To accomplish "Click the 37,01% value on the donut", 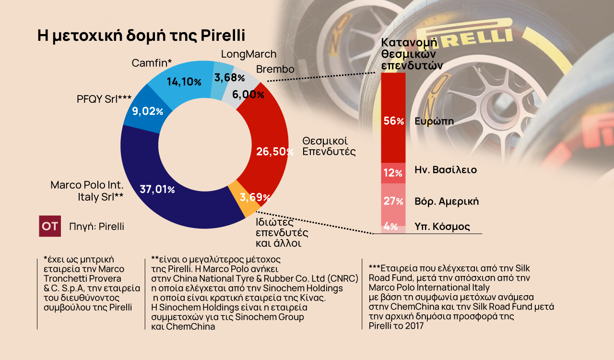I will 157,189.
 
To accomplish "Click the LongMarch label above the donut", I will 248,54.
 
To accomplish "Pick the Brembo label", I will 275,69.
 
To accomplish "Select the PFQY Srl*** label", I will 104,99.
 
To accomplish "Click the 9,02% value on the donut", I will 147,111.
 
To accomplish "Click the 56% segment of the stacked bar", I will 393,121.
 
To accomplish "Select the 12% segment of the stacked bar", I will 393,173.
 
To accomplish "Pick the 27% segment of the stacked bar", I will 393,201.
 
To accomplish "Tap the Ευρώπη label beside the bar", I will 434,121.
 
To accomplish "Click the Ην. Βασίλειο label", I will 446,169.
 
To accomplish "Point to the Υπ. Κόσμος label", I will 442,227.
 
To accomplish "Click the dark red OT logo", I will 50,226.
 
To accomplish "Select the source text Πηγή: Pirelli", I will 96,227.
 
